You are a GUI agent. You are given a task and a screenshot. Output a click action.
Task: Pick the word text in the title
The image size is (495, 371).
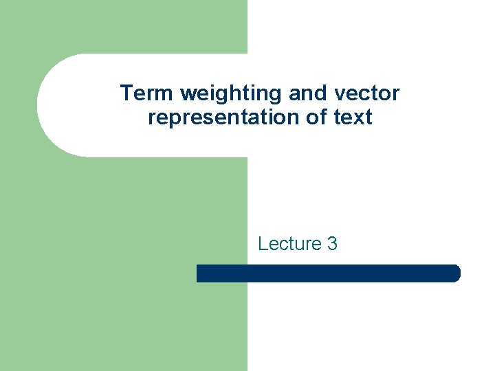353,117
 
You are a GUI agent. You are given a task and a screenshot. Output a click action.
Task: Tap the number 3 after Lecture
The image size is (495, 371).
333,243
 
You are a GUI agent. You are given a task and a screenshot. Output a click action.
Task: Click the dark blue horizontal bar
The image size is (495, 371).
328,273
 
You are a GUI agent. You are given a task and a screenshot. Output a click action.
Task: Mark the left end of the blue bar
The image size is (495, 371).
199,273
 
